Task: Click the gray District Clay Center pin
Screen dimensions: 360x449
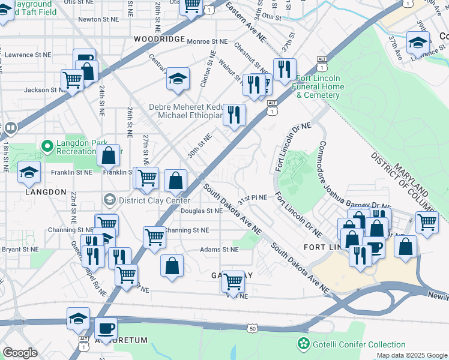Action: tap(109, 199)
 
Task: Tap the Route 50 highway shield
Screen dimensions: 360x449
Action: tap(252, 328)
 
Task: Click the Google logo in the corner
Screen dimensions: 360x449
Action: tap(20, 352)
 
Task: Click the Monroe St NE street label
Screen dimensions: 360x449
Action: tap(208, 41)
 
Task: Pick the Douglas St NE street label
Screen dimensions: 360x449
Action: tap(202, 211)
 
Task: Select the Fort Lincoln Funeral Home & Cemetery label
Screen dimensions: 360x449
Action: tap(320, 86)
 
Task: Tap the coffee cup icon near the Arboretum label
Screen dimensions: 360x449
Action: tap(106, 328)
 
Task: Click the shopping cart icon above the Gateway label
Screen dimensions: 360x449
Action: tap(233, 280)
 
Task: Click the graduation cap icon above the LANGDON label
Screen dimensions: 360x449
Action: tap(29, 172)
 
